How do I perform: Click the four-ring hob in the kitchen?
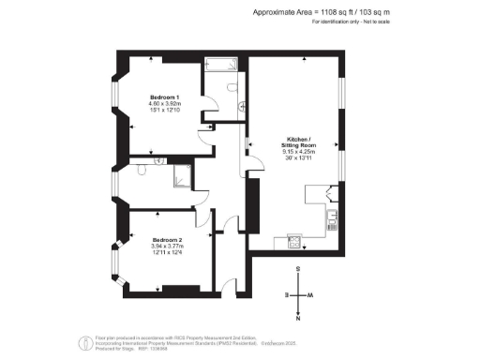(293, 242)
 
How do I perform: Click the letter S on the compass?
(298, 269)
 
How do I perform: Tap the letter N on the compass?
(298, 316)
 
